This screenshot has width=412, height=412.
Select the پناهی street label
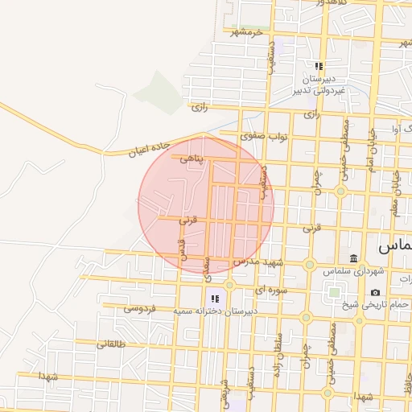pyautogui.click(x=193, y=160)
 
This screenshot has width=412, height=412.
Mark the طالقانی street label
pyautogui.click(x=112, y=344)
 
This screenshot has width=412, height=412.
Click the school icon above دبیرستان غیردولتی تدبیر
pyautogui.click(x=319, y=66)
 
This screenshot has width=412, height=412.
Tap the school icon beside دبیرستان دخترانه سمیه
pyautogui.click(x=215, y=299)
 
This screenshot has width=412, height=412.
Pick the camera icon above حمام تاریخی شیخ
pyautogui.click(x=375, y=292)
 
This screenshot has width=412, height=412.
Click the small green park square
pyautogui.click(x=333, y=292)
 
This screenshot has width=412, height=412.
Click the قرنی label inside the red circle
pyautogui.click(x=186, y=218)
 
